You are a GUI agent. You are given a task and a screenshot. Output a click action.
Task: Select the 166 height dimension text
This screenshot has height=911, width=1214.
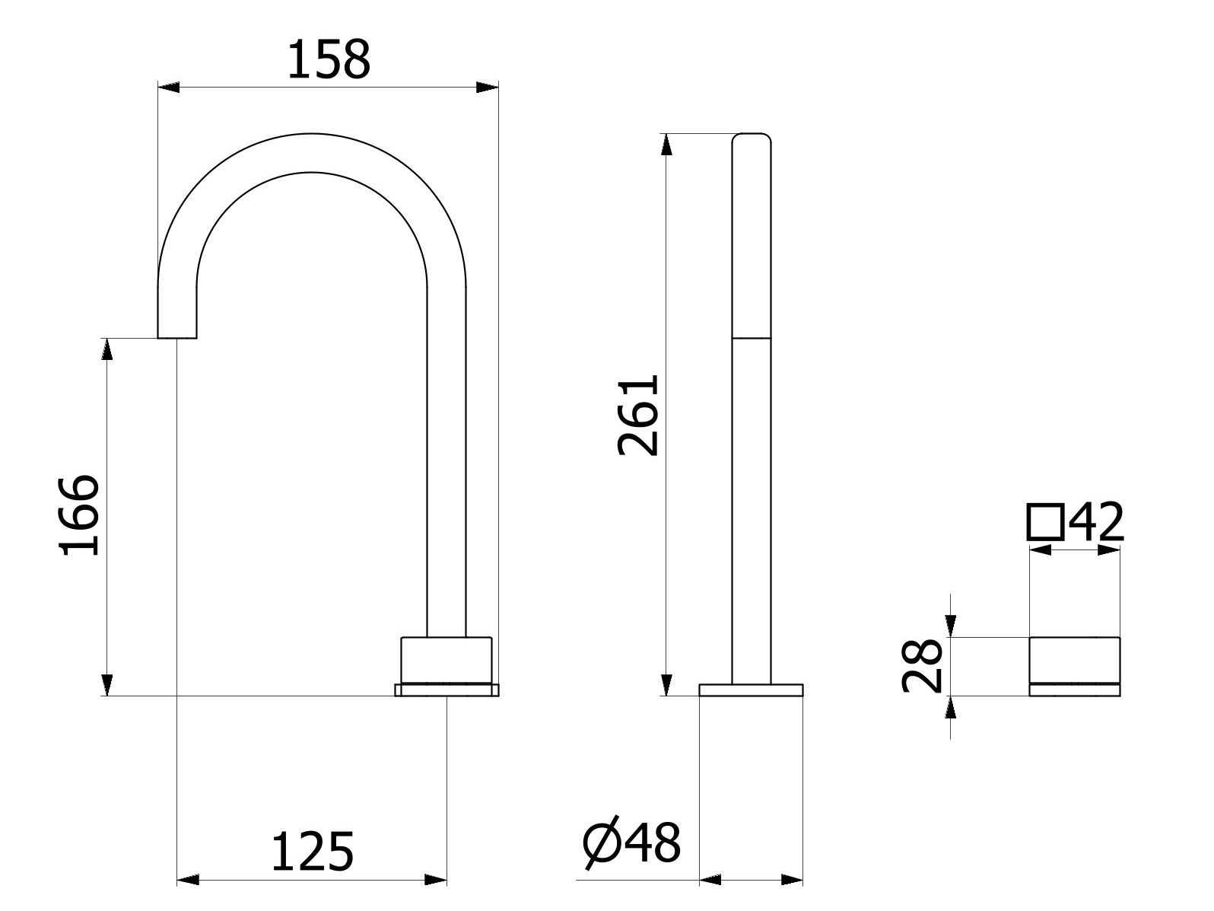[79, 515]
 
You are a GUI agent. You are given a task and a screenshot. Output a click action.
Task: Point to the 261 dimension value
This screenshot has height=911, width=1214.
[637, 416]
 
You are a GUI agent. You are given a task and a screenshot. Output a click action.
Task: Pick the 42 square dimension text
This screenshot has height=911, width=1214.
[1095, 522]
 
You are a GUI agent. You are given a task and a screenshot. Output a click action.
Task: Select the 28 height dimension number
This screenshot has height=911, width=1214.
[922, 666]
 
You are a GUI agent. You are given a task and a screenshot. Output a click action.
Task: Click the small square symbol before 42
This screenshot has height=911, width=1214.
[1045, 522]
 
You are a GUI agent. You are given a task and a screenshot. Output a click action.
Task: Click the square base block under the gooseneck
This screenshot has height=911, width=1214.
[446, 659]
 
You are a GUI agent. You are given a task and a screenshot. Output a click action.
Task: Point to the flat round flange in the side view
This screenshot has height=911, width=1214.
[751, 690]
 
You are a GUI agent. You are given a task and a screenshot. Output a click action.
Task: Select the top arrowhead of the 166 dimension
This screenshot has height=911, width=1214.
[107, 348]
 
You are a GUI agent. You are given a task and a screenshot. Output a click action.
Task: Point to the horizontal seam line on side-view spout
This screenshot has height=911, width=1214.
[751, 337]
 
